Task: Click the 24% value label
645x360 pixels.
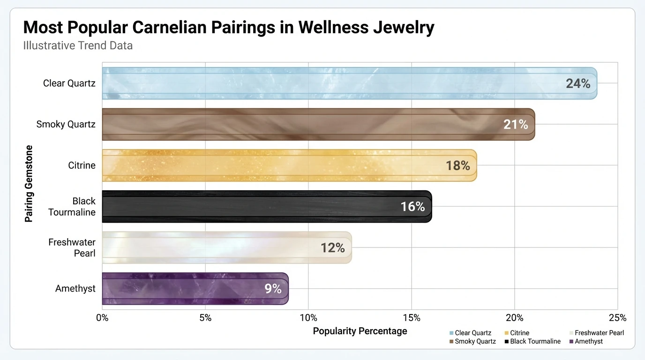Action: tap(577, 83)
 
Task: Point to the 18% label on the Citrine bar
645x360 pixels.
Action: tap(457, 165)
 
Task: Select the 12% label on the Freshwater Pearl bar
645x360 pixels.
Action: tap(333, 247)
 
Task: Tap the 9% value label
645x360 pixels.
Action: tap(273, 289)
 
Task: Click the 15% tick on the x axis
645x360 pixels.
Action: tap(411, 318)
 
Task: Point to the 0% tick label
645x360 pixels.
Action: tap(102, 318)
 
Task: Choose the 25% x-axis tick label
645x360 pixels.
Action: tap(617, 318)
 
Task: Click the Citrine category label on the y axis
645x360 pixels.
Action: tap(82, 165)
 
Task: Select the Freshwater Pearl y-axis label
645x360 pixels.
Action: tap(72, 247)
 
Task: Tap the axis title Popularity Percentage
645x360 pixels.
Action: tap(360, 331)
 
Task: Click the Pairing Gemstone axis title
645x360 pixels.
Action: tap(29, 183)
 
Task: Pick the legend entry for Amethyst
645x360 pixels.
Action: tap(589, 341)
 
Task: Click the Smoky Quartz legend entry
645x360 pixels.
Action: tap(475, 341)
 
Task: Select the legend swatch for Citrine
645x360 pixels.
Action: tap(506, 333)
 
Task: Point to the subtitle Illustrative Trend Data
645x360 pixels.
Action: tap(78, 45)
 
